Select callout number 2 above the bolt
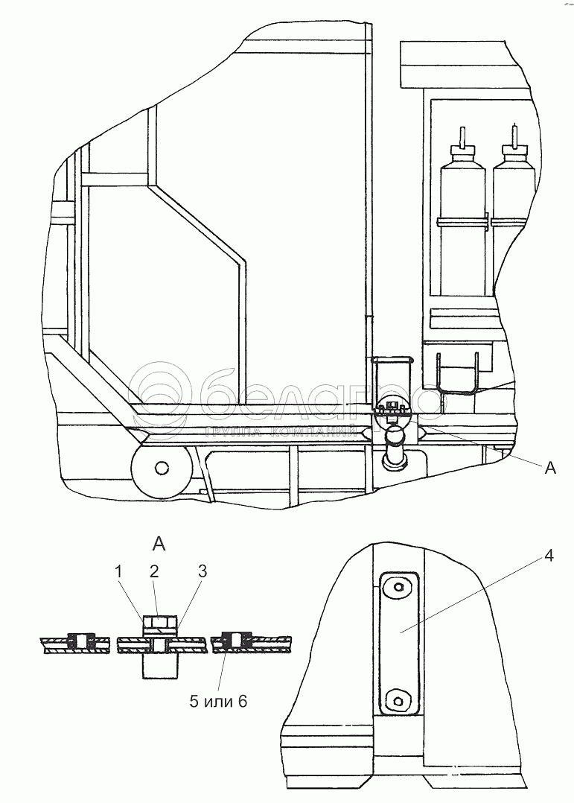pyautogui.click(x=154, y=571)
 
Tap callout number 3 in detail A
pyautogui.click(x=203, y=571)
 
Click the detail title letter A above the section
pyautogui.click(x=159, y=542)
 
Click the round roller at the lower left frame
pyautogui.click(x=160, y=469)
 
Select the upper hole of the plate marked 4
pyautogui.click(x=401, y=588)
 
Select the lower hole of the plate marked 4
pyautogui.click(x=401, y=699)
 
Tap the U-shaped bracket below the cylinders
pyautogui.click(x=457, y=372)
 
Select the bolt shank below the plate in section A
pyautogui.click(x=159, y=665)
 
